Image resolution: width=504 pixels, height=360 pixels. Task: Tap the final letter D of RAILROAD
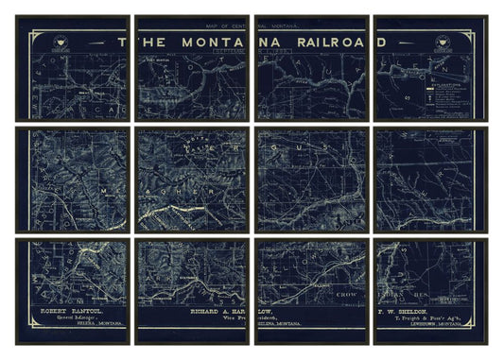click(x=380, y=43)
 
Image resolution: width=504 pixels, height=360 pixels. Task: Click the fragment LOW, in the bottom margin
click(x=269, y=309)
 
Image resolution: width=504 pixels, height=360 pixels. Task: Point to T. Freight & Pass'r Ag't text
click(x=422, y=317)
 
